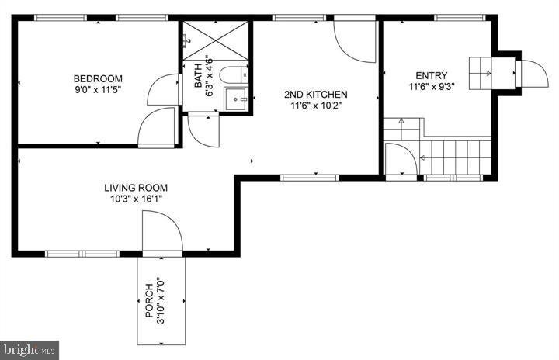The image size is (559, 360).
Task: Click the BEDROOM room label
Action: (98, 78)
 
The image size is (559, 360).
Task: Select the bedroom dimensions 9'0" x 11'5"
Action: (98, 89)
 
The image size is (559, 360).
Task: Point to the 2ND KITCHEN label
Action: (315, 95)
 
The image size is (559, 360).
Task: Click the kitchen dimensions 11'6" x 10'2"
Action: (315, 106)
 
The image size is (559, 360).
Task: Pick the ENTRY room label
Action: (432, 75)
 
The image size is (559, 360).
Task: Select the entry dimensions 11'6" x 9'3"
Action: (432, 86)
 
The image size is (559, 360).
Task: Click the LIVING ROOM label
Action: (136, 188)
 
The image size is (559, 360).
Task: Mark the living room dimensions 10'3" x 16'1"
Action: (136, 199)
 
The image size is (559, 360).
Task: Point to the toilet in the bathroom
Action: (232, 75)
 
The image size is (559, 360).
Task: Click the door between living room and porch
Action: (161, 233)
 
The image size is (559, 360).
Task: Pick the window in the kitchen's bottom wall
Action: (304, 178)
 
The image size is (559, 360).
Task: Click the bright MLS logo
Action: (30, 349)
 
